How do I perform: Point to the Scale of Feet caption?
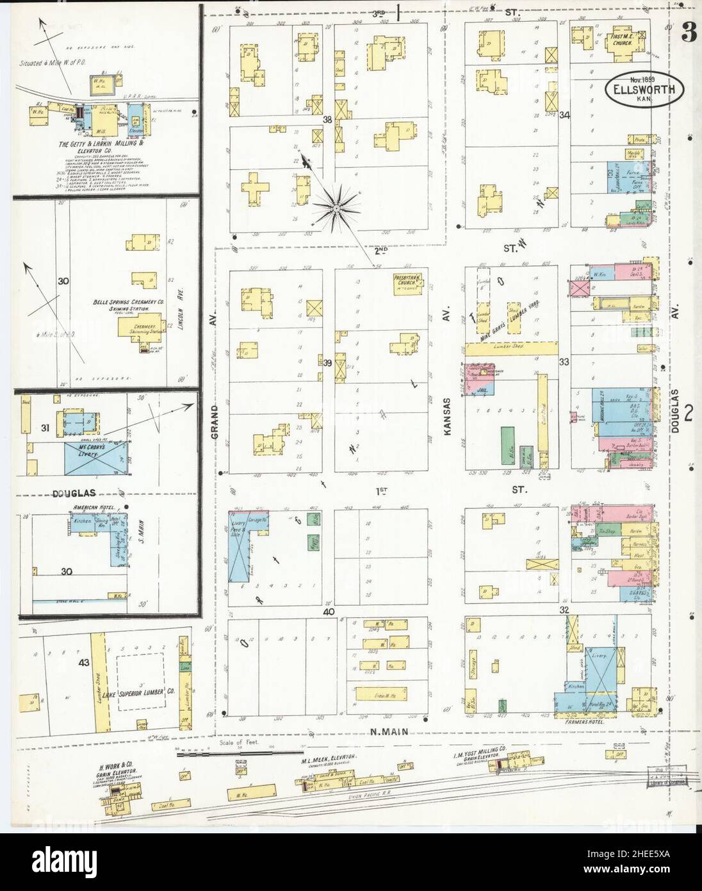click(236, 743)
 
